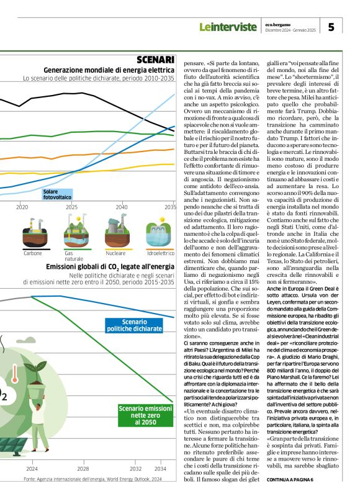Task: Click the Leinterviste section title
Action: [x=227, y=27]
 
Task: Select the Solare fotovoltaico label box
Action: [x=56, y=195]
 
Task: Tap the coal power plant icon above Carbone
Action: [x=33, y=233]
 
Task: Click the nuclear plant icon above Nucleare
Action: [x=116, y=232]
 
